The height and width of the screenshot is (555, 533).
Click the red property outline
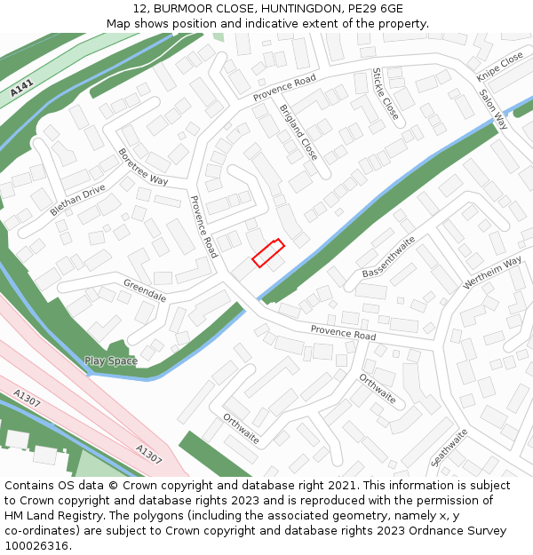267,252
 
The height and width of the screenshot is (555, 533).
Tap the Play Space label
110,361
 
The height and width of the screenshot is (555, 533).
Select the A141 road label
22,89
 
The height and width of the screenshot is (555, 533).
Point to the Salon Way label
493,109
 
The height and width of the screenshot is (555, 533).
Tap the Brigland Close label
298,132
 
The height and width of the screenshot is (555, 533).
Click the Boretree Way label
143,166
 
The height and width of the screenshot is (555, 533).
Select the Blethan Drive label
77,200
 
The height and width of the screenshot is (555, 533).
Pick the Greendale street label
145,289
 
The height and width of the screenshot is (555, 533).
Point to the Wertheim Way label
492,274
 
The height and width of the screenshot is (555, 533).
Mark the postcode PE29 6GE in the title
372,8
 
